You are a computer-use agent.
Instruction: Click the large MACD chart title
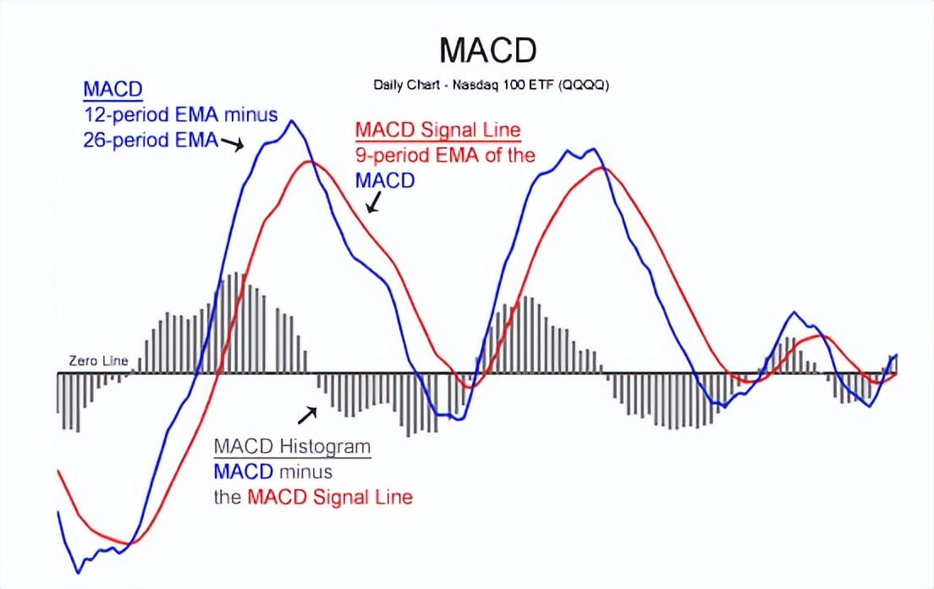coord(488,51)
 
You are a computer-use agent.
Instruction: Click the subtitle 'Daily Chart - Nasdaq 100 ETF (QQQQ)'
coord(492,85)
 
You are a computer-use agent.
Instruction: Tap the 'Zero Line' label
coord(98,361)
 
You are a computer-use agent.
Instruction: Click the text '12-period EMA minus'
coord(180,114)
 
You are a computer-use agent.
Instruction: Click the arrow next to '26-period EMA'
coord(233,145)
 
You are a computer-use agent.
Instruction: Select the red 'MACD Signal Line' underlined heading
coord(437,131)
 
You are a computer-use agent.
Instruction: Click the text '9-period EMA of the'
coord(445,156)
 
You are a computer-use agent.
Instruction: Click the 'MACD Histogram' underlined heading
coord(292,447)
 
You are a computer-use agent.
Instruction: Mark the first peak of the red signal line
coord(310,162)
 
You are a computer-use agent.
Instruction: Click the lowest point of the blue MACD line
coord(75,572)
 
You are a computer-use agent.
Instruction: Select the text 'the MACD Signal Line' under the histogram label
coord(313,497)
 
